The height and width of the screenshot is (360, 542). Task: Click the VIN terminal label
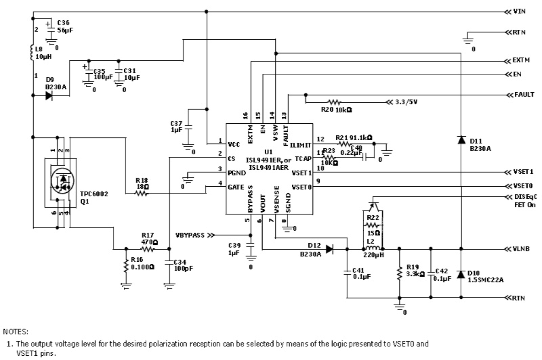tap(520, 12)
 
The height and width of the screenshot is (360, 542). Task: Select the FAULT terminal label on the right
tap(524, 94)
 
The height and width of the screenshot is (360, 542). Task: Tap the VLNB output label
tap(522, 249)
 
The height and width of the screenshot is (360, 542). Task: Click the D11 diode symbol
tap(461, 140)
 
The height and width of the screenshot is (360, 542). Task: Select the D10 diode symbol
tap(461, 274)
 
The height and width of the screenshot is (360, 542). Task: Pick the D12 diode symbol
tap(330, 249)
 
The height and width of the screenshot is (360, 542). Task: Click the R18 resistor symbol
tap(142, 194)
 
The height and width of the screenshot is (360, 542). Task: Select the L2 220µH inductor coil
tap(373, 249)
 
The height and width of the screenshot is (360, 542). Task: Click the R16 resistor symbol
tap(126, 266)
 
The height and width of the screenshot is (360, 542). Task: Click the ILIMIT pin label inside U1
tap(301, 145)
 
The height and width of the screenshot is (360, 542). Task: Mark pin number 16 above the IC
tap(246, 116)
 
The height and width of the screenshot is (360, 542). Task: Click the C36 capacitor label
tap(63, 22)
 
